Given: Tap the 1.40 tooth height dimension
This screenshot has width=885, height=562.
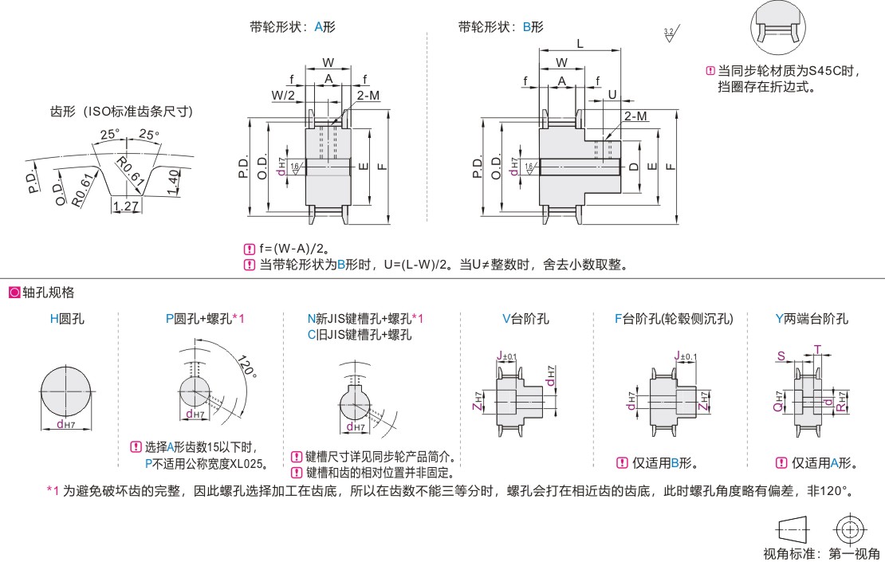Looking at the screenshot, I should pos(173,182).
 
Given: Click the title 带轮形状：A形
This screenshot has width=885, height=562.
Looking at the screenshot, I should pos(293,26).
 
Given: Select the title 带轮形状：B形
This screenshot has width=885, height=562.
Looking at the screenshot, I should pos(501,26).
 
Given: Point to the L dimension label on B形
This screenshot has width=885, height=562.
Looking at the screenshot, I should pos(580,45).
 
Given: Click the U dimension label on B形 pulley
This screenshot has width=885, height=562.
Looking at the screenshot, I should pos(612,94).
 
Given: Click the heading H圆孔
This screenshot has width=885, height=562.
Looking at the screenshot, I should pos(67,319).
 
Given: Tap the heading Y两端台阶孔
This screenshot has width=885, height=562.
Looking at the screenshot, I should pos(812,319).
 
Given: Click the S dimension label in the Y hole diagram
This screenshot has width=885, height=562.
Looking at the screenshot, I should pos(781,356).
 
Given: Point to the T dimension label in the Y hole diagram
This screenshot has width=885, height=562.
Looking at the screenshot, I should pos(816,348).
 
